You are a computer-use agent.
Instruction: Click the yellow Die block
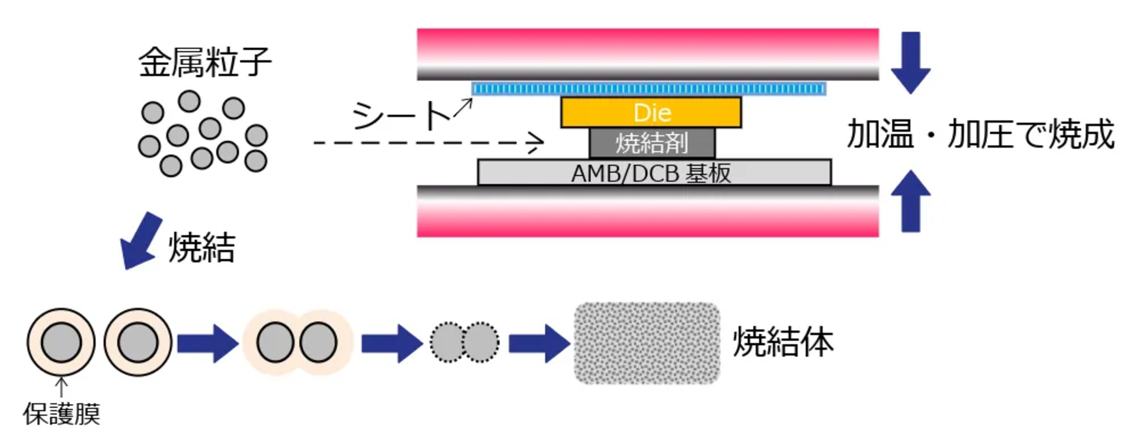point(651,113)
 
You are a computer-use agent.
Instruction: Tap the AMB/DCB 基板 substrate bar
point(654,172)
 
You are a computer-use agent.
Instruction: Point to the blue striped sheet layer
point(648,89)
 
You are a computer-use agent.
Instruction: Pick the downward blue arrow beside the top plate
point(910,62)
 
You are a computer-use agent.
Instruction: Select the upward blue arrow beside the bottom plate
point(910,201)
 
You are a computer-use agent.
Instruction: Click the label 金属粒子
point(205,63)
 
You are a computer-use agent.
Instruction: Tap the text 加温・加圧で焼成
point(980,134)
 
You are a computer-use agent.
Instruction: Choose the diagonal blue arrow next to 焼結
point(140,240)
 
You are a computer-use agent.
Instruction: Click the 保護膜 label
point(62,414)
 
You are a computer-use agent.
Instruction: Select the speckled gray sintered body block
point(647,343)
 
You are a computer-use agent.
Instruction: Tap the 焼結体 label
point(782,342)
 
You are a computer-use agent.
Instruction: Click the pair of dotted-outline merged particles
point(464,342)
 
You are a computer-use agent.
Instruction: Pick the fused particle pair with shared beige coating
point(297,342)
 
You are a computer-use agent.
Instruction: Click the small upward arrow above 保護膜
point(61,387)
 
